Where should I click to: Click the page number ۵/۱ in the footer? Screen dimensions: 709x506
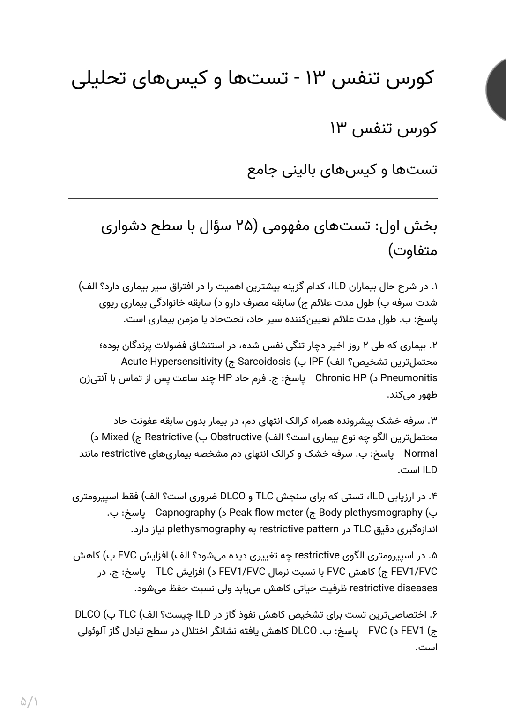coord(29,688)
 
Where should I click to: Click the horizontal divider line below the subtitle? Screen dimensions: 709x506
coord(253,199)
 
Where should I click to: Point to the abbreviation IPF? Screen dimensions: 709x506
coord(318,362)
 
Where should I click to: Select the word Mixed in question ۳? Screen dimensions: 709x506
coord(115,437)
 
